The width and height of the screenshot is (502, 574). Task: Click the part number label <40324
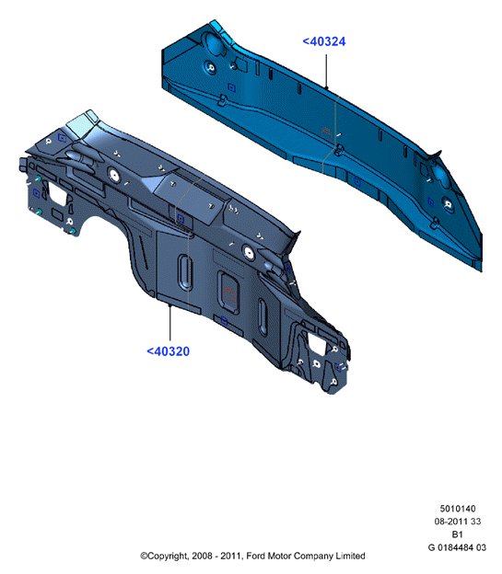coord(324,41)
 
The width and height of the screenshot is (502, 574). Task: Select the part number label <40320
coord(169,351)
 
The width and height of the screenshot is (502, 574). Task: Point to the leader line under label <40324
coord(326,72)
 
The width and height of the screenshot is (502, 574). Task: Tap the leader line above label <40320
coord(169,323)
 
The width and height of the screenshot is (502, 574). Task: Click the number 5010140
coord(458,509)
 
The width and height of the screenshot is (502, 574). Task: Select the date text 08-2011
coord(451,522)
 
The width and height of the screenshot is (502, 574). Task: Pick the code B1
coord(457,534)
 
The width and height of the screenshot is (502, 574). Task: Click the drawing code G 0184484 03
coord(457,547)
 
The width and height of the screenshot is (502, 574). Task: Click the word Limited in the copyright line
coord(351,556)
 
